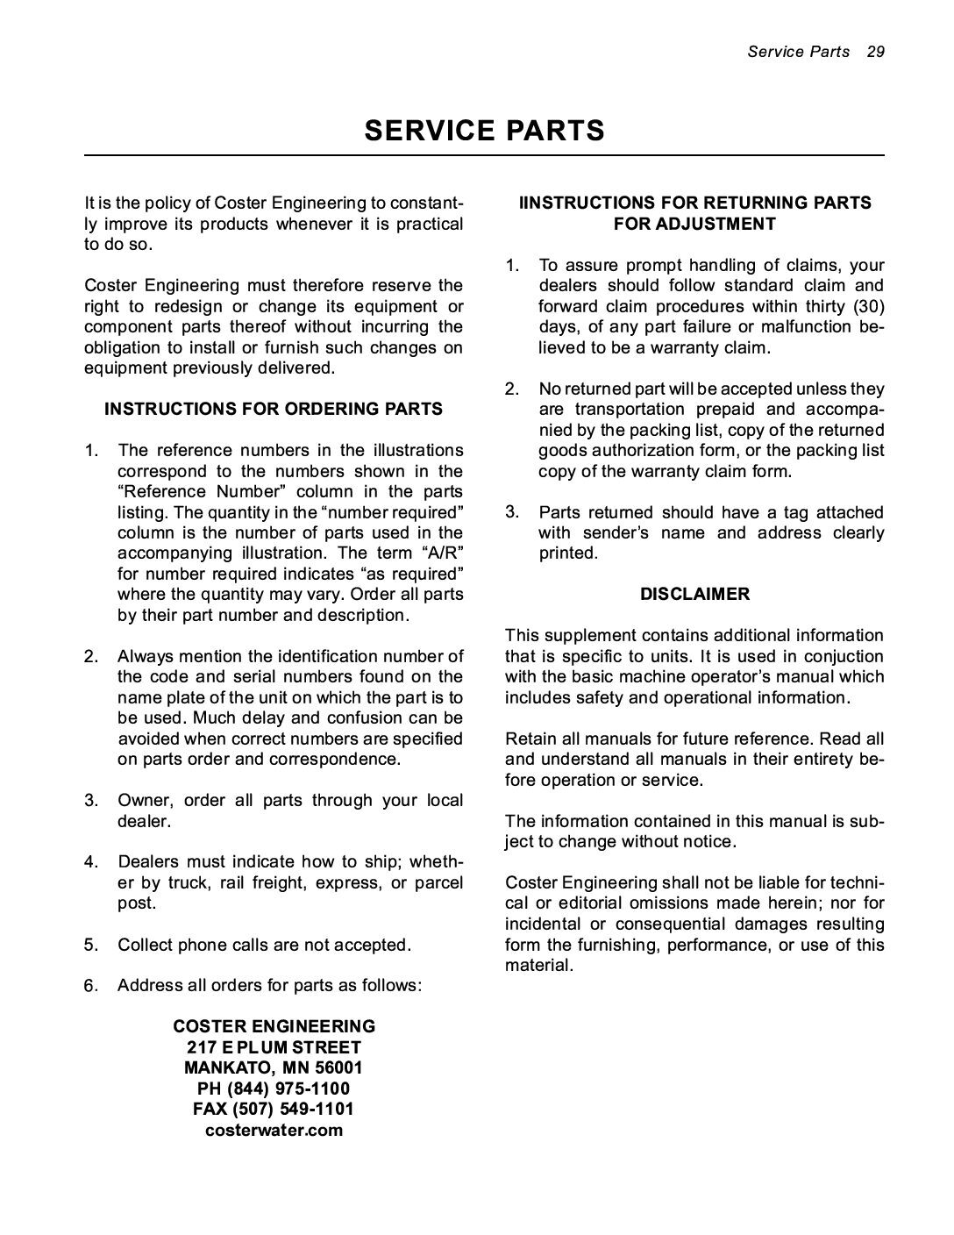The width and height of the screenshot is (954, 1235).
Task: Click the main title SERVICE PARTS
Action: (484, 131)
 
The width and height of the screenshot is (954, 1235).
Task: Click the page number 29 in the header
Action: (875, 51)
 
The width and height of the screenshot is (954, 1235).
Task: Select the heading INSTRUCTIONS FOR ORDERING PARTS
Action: (274, 410)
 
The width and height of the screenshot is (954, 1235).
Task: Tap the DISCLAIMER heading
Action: (694, 595)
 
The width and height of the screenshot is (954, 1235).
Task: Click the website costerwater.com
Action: (274, 1131)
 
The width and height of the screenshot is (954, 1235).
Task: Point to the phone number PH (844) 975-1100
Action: (274, 1089)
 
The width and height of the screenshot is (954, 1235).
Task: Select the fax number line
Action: (274, 1110)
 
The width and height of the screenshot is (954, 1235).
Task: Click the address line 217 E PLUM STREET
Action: (274, 1047)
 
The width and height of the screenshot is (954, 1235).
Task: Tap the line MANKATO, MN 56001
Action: (274, 1068)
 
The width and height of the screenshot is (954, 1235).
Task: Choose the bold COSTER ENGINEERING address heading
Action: (274, 1026)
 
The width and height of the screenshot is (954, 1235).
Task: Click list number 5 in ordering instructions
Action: (91, 946)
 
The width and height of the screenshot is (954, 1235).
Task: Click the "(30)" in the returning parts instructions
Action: (868, 307)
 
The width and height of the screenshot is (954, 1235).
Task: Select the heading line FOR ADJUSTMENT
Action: (694, 225)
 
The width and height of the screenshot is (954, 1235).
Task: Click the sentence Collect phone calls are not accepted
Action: (264, 946)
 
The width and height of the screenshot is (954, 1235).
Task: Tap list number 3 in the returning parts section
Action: (511, 512)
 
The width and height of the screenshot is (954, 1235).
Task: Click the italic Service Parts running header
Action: (798, 51)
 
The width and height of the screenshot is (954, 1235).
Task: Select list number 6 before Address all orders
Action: (91, 986)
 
